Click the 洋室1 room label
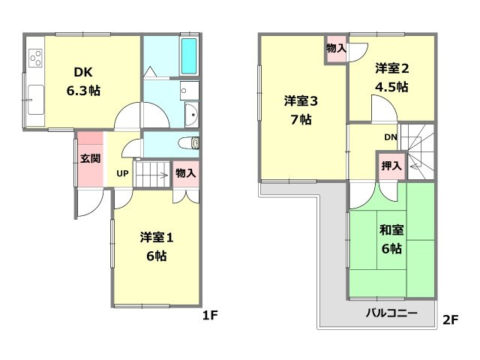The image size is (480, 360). point(157,247)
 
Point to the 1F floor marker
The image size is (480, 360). point(209,316)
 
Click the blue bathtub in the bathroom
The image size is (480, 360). point(188,54)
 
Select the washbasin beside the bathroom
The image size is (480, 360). point(190,116)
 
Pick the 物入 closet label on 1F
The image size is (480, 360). point(185,172)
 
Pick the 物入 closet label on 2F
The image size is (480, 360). point(336,48)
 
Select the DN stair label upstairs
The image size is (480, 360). point(391,137)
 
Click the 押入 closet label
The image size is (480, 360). point(390,166)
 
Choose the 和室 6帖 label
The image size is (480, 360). point(390,241)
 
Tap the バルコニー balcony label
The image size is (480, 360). point(391,313)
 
